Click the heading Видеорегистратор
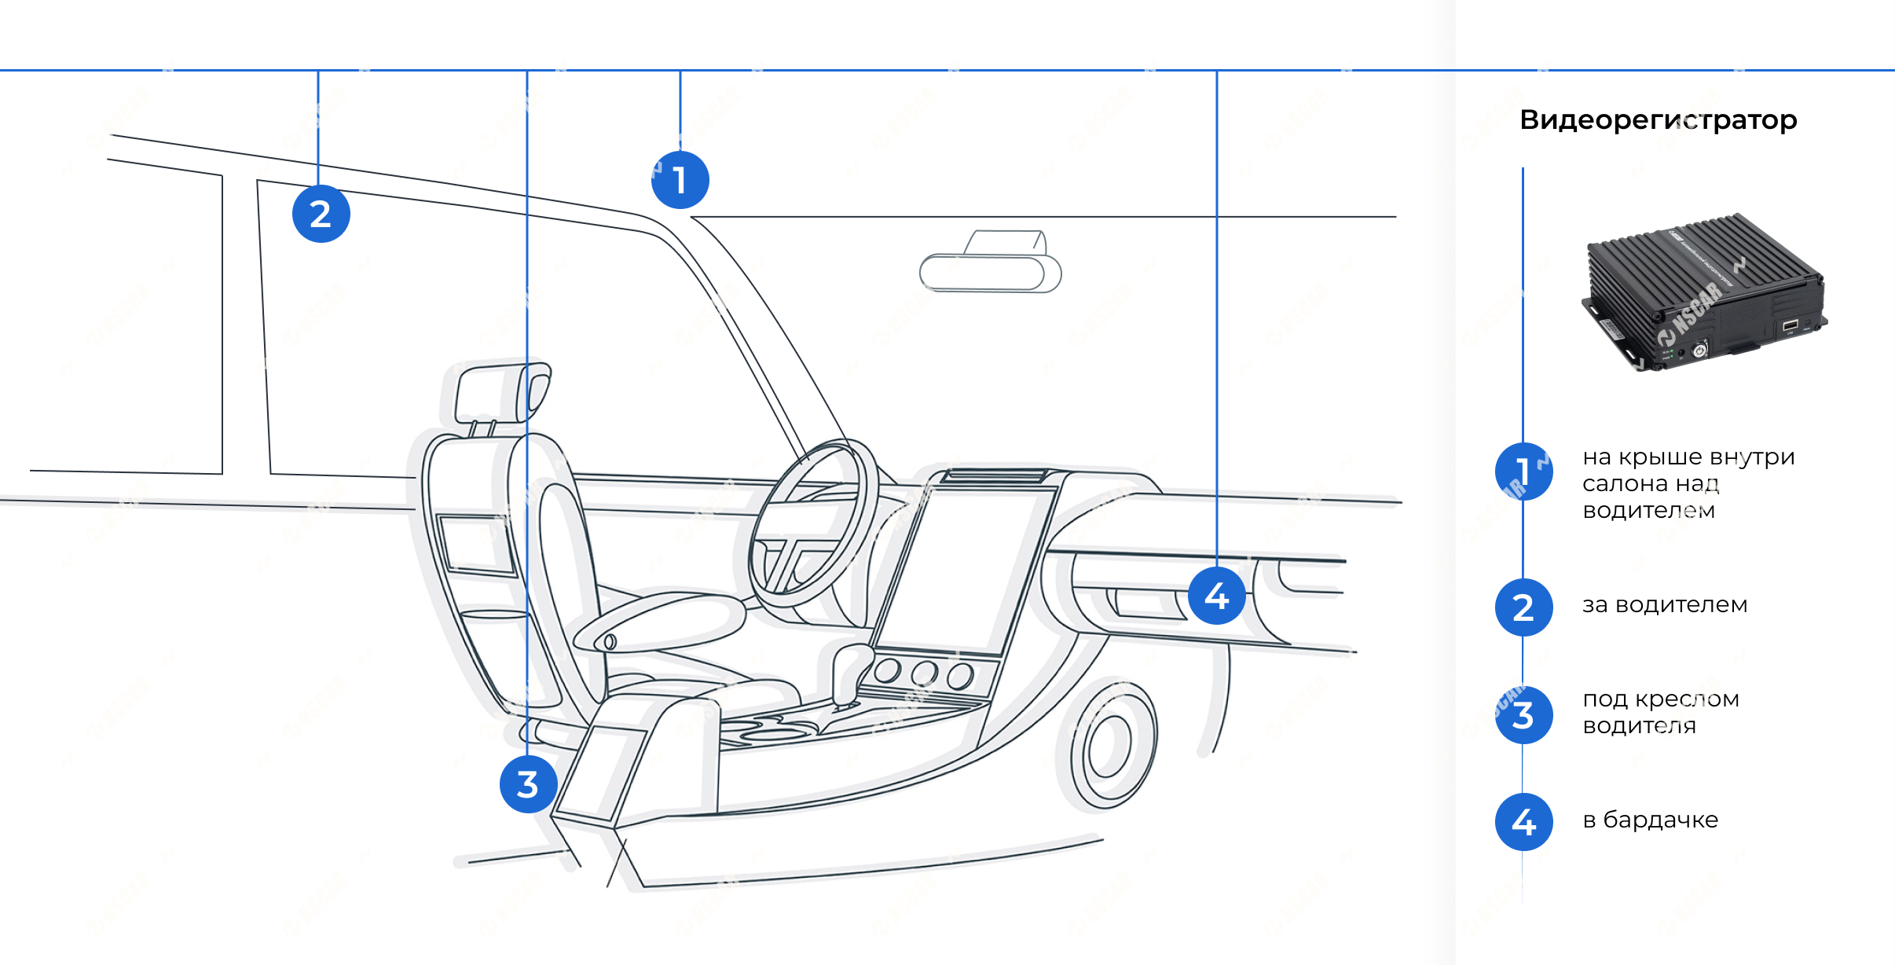click(x=1658, y=120)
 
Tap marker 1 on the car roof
click(x=680, y=180)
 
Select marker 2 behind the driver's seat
click(x=321, y=214)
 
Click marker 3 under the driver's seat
click(x=528, y=784)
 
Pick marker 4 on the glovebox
click(x=1216, y=596)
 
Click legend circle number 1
click(x=1523, y=471)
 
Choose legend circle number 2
click(x=1523, y=607)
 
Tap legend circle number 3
click(x=1523, y=715)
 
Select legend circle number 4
click(x=1523, y=822)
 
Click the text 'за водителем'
click(x=1665, y=605)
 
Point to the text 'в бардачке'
click(x=1650, y=820)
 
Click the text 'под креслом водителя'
click(x=1660, y=712)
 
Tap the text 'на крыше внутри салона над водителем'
click(x=1688, y=483)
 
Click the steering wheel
click(x=813, y=523)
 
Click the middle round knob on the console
click(x=924, y=673)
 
